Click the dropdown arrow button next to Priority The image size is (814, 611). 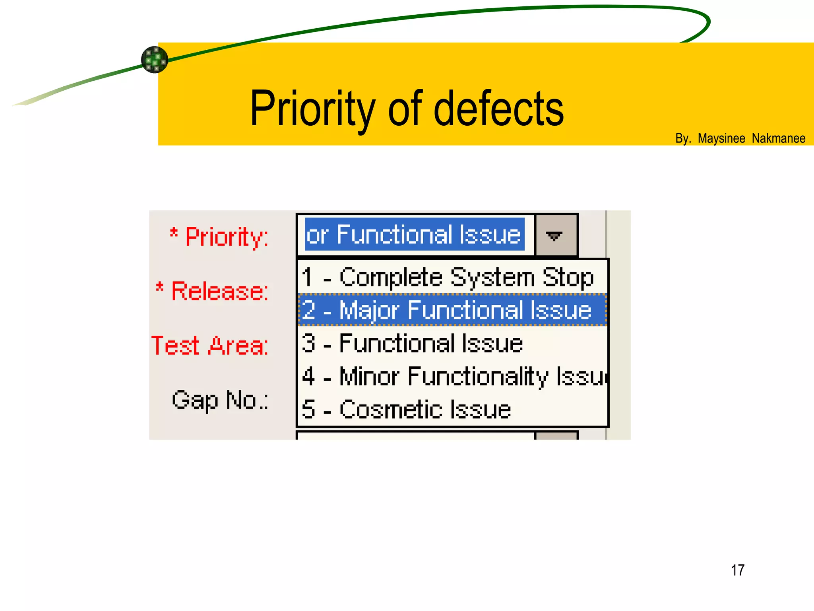tap(556, 235)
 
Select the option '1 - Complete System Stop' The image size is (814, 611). tap(448, 277)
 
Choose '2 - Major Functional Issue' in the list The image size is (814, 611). tap(447, 310)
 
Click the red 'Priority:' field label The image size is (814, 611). tap(227, 237)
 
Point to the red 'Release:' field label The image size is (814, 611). tap(220, 291)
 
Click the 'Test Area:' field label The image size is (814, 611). tap(210, 345)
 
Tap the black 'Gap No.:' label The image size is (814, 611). tap(220, 400)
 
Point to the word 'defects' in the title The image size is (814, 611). tap(498, 109)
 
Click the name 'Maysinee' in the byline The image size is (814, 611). tap(721, 138)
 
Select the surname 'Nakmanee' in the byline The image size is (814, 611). tap(778, 138)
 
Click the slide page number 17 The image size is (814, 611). tap(737, 570)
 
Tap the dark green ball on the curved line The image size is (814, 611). tap(155, 60)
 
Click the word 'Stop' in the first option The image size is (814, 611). tap(568, 277)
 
